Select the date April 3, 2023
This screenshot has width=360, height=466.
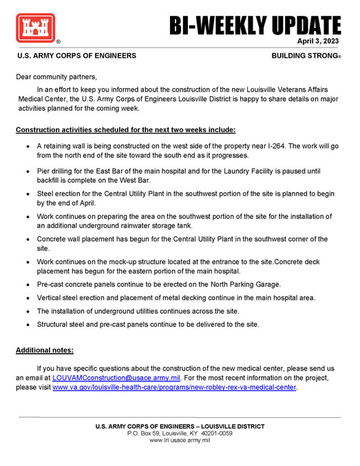coord(319,41)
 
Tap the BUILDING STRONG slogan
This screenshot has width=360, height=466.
coord(305,55)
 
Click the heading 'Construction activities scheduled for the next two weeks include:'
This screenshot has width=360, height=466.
coord(126,129)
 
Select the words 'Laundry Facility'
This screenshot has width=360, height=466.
coord(253,170)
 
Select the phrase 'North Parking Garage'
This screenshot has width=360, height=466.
coord(259,284)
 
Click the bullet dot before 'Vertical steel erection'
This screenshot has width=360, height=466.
coord(26,298)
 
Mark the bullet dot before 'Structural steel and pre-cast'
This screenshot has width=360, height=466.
coord(26,325)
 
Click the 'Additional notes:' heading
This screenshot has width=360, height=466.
coord(44,350)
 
